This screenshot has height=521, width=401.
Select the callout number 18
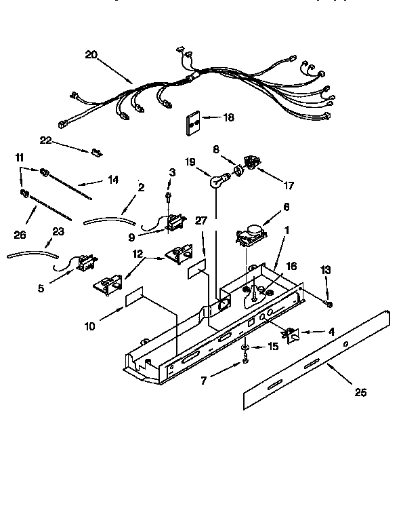coord(228,117)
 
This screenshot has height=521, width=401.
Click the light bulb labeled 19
coord(217,180)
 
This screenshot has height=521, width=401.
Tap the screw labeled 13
coord(329,303)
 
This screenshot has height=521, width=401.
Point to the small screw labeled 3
coord(169,197)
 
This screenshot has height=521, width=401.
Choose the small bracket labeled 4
coord(293,334)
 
